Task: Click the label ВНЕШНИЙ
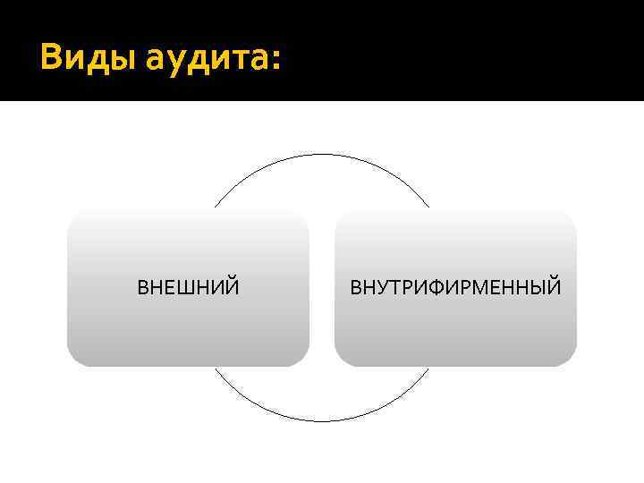(x=188, y=288)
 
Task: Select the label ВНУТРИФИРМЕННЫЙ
(x=455, y=288)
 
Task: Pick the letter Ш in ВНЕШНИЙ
(x=185, y=288)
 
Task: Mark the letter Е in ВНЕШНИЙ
(x=171, y=288)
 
